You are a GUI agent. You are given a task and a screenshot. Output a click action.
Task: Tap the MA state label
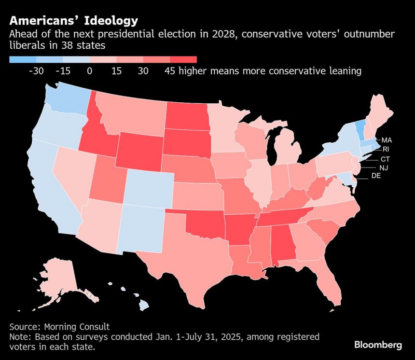click(386, 140)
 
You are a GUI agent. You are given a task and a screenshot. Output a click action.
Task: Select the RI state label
click(386, 149)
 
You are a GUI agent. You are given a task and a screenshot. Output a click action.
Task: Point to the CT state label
click(385, 159)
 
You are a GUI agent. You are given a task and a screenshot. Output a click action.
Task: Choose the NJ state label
click(384, 167)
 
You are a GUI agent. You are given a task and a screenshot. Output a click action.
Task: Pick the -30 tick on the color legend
click(36, 71)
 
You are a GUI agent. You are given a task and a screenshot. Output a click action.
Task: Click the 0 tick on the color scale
click(89, 71)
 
